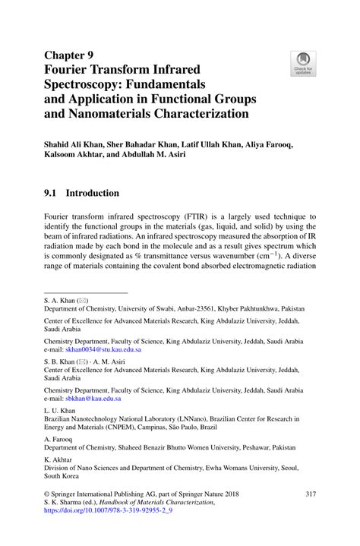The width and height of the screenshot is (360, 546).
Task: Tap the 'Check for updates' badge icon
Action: pos(304,61)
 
